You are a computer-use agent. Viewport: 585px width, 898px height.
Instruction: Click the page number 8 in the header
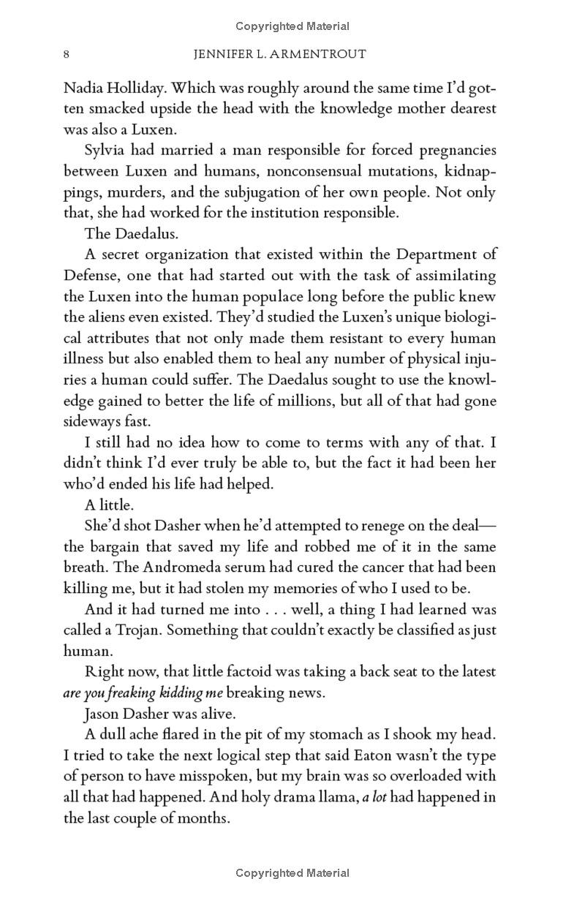67,54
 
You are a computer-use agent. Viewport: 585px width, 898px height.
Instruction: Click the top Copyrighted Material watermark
292,26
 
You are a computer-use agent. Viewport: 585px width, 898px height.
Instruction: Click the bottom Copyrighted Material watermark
292,872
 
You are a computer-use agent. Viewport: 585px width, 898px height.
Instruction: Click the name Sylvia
106,151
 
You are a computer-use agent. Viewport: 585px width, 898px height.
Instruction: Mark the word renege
384,526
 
